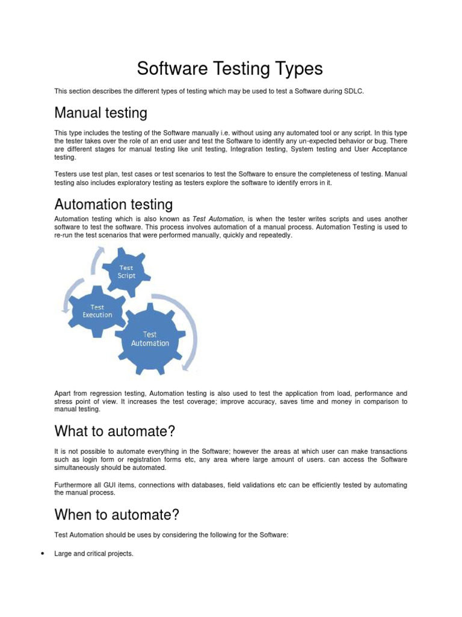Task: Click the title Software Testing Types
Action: click(230, 69)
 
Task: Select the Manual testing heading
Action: click(100, 113)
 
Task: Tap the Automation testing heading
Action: click(114, 204)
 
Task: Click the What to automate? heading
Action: click(114, 431)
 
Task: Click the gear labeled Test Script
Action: click(126, 272)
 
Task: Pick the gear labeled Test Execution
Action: click(97, 311)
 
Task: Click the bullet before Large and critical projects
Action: click(42, 554)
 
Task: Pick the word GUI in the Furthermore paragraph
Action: click(105, 484)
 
